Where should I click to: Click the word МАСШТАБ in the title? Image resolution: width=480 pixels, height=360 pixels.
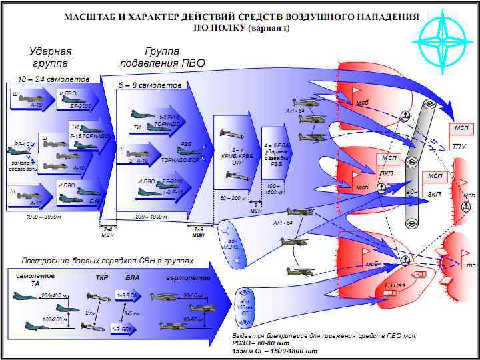click(x=92, y=16)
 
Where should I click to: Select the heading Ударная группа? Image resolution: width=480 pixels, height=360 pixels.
click(x=50, y=57)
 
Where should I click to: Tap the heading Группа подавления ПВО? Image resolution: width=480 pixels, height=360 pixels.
click(x=162, y=57)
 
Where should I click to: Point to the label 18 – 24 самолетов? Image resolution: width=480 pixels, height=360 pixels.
click(x=43, y=78)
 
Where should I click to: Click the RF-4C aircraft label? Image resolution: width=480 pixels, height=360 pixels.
click(x=22, y=143)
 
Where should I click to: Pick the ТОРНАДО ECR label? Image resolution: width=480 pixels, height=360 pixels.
click(x=180, y=161)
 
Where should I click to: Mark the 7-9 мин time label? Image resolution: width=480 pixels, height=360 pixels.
click(x=199, y=231)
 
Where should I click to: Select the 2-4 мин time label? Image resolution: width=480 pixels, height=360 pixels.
click(x=107, y=231)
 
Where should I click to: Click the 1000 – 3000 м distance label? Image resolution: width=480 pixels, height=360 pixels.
click(x=45, y=217)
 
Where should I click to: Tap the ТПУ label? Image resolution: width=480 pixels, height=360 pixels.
click(x=459, y=146)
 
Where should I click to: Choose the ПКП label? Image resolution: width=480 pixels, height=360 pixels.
click(x=387, y=173)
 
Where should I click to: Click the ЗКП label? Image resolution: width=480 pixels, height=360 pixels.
click(x=434, y=194)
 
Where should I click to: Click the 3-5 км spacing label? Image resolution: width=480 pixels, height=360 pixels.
click(x=131, y=313)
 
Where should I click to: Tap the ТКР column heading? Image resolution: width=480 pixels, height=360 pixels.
click(x=102, y=277)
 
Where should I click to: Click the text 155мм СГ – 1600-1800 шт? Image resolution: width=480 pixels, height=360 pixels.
click(x=275, y=351)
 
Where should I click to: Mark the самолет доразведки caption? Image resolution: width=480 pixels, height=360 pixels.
click(x=23, y=166)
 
